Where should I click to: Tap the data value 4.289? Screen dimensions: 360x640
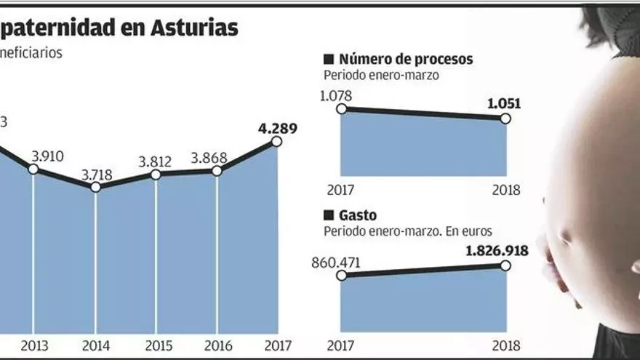(x=275, y=129)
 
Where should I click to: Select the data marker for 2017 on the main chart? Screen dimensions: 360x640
(x=276, y=141)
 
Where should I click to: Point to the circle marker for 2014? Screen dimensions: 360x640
(x=95, y=187)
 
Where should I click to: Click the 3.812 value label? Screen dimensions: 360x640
(x=156, y=162)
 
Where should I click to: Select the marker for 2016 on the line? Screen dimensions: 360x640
(x=216, y=171)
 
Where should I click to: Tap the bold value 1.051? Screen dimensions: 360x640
(x=503, y=103)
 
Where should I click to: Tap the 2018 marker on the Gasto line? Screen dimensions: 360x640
(x=506, y=265)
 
